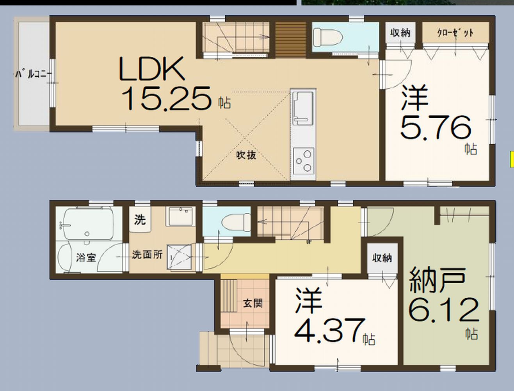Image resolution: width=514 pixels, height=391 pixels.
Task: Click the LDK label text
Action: click(152, 69)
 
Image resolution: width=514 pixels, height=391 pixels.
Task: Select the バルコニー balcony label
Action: click(34, 74)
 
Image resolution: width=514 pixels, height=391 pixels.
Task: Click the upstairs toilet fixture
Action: click(327, 37)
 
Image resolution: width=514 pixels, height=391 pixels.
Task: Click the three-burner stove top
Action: click(304, 161)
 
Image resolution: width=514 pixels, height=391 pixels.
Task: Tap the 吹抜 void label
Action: click(246, 155)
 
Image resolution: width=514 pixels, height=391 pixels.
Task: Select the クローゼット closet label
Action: click(455, 32)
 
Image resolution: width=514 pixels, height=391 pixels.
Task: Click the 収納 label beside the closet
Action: click(400, 32)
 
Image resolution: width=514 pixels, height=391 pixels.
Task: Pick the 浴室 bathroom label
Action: click(86, 258)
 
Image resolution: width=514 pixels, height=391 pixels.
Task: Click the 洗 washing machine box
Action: click(140, 219)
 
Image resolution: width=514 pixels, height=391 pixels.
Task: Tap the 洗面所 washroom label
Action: click(147, 255)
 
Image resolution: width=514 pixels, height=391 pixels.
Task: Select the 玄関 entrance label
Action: click(253, 303)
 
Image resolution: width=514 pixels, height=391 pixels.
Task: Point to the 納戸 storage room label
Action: click(437, 280)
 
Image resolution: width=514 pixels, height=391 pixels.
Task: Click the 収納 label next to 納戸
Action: click(382, 258)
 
